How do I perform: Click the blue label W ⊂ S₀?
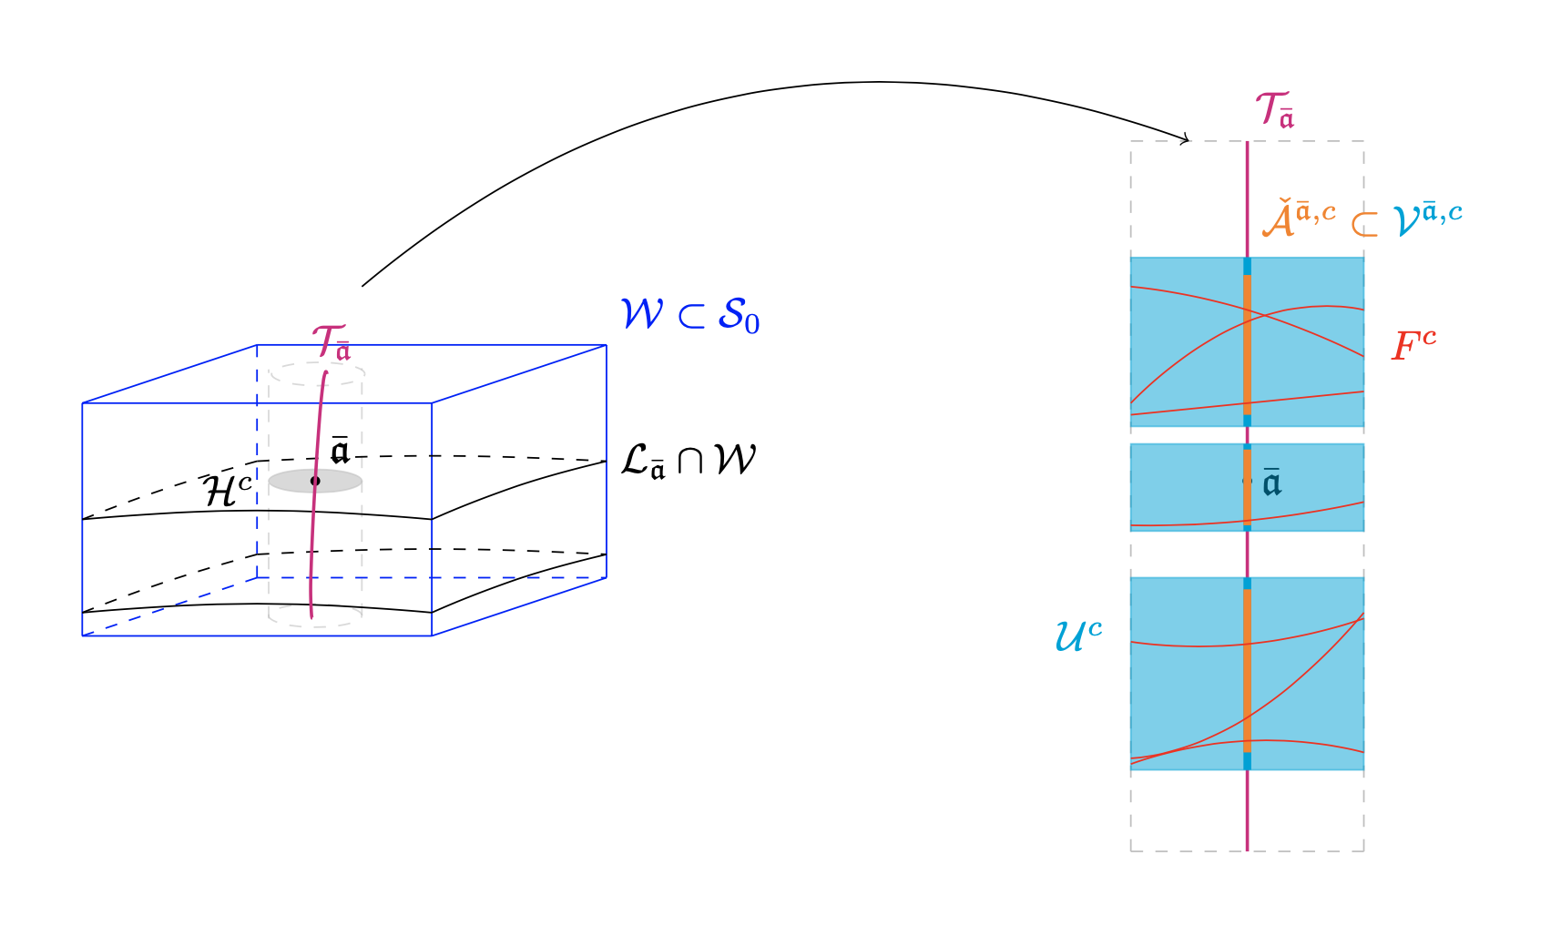pos(689,316)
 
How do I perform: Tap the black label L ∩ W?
pos(688,461)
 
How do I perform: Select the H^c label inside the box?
pos(228,491)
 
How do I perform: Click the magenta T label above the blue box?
pos(330,343)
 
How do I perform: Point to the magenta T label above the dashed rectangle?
pos(1274,110)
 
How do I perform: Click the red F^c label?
pos(1413,346)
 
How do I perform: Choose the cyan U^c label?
pos(1078,635)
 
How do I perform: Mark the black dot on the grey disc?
pos(315,481)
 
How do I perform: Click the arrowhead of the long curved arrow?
pos(1186,140)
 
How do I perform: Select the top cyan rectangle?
pos(1184,341)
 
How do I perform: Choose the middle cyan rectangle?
pos(1184,487)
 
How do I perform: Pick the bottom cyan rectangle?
pos(1184,674)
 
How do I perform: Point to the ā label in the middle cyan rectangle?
pos(1271,483)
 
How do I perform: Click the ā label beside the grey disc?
pos(340,450)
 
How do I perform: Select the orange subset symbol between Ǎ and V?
pos(1363,224)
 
